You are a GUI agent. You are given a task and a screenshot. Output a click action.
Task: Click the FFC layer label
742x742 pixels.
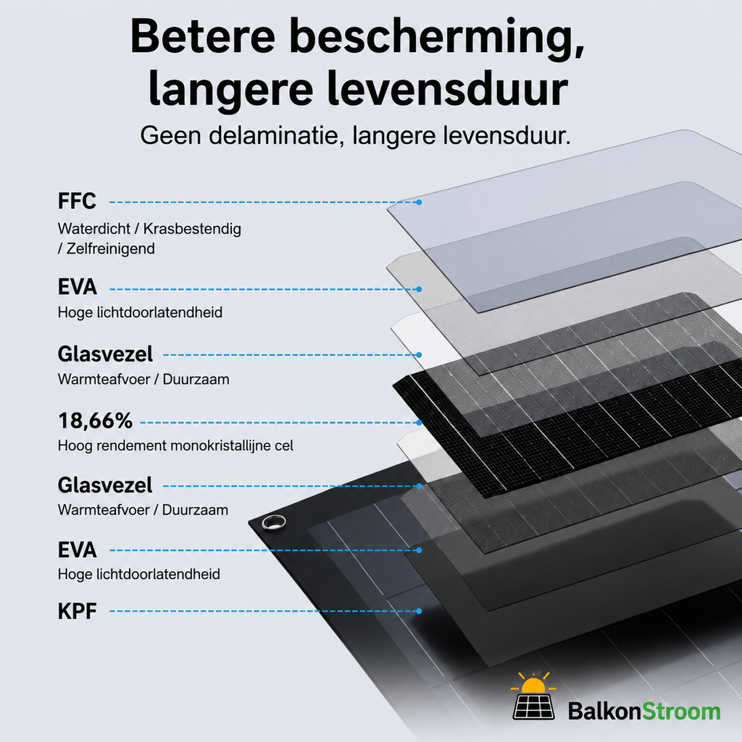77,201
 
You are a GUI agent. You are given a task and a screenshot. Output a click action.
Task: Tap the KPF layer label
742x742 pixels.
77,611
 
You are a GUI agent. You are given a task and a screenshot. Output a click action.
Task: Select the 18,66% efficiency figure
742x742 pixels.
95,421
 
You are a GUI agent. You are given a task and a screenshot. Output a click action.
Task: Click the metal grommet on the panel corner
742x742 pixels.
273,522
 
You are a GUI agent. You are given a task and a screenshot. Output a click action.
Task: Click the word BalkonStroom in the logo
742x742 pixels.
644,712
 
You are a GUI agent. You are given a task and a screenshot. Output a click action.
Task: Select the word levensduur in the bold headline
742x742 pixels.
447,88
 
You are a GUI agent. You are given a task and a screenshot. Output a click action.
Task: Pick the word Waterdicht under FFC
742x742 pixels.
94,228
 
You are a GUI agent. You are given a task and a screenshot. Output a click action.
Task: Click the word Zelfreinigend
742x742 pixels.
110,249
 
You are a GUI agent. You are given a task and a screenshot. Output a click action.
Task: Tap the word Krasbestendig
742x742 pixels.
192,228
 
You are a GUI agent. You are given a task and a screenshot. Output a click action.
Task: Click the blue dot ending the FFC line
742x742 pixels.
419,202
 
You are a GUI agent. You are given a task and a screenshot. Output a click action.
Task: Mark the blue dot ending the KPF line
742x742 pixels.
419,611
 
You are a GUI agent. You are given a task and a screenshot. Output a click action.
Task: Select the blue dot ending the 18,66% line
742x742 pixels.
419,422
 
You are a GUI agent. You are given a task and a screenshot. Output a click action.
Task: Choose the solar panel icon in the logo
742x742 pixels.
534,706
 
